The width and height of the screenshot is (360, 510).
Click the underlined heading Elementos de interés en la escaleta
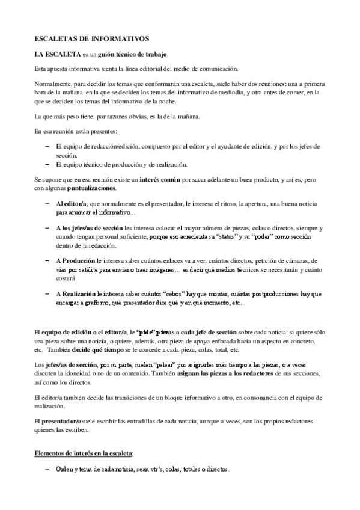84,453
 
